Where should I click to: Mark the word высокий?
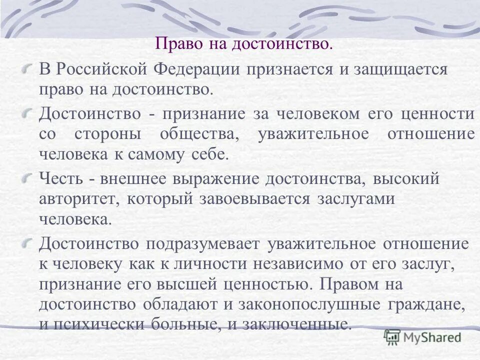click(409, 178)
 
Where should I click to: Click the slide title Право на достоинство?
click(243, 43)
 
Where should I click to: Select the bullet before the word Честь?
click(31, 177)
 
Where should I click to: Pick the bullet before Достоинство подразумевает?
click(31, 243)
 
